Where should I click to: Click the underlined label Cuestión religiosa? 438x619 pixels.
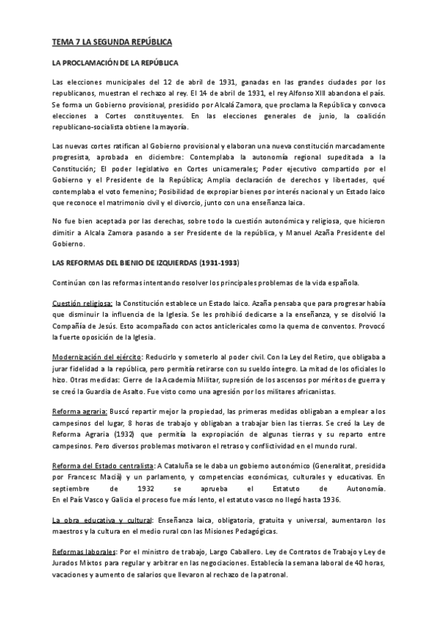(x=82, y=303)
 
